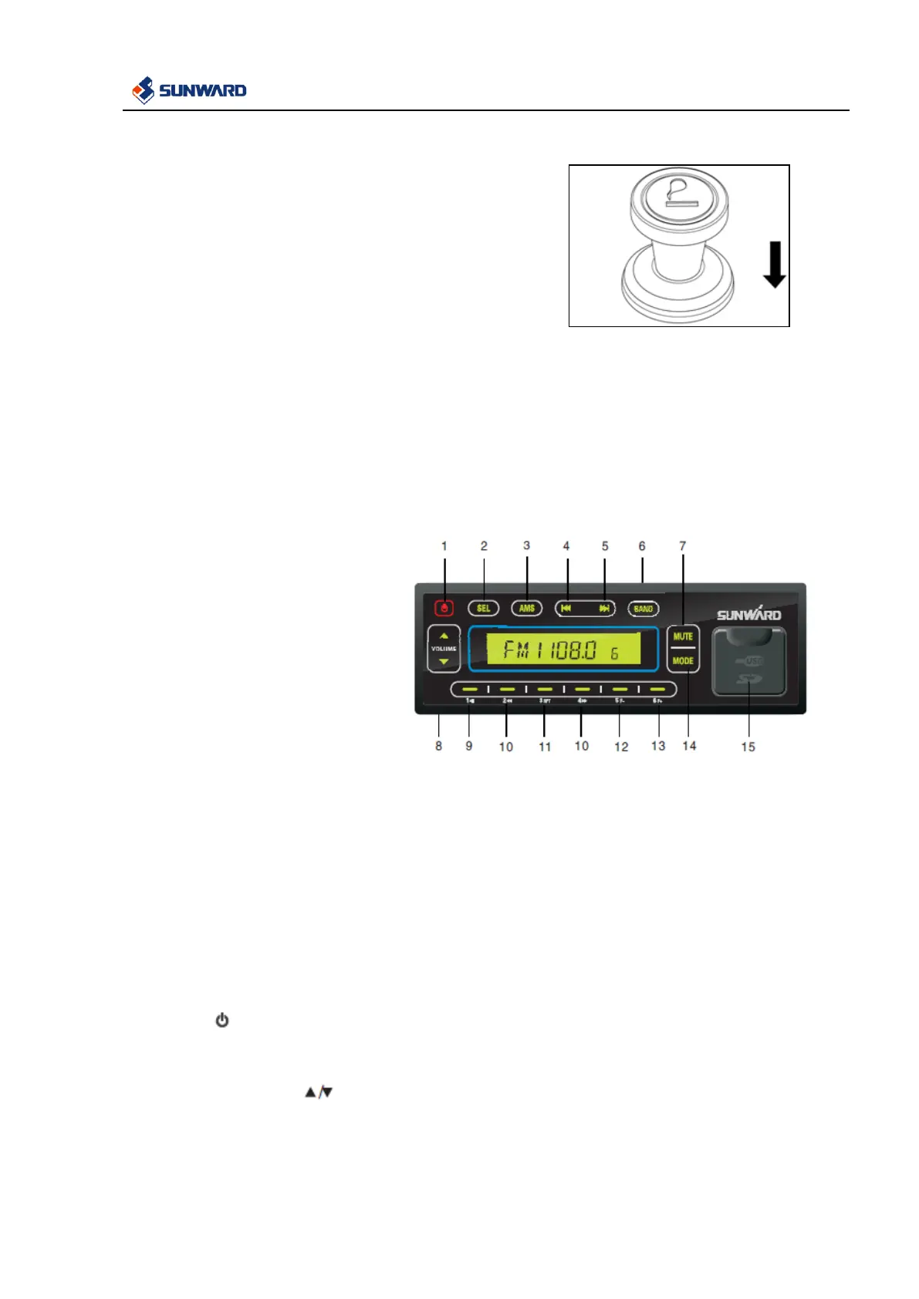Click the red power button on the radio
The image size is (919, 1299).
tap(444, 609)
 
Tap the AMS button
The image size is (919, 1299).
tap(527, 609)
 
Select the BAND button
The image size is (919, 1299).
tap(643, 609)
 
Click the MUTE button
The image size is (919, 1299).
tap(683, 636)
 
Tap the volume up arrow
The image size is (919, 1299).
tap(444, 636)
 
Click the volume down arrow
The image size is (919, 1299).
tap(444, 661)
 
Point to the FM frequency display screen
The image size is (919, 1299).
tap(563, 649)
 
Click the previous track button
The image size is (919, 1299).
tap(566, 609)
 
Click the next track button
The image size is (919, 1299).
tap(604, 609)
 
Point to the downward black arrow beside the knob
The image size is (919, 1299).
tap(774, 265)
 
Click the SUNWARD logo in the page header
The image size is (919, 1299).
tap(190, 90)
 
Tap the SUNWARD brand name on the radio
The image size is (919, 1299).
tap(748, 615)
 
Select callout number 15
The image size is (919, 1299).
tap(748, 747)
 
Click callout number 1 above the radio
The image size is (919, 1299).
tap(444, 546)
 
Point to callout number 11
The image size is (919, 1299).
tap(545, 747)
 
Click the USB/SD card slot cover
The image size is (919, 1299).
tap(748, 662)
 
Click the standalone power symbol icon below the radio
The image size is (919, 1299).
tap(222, 1021)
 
